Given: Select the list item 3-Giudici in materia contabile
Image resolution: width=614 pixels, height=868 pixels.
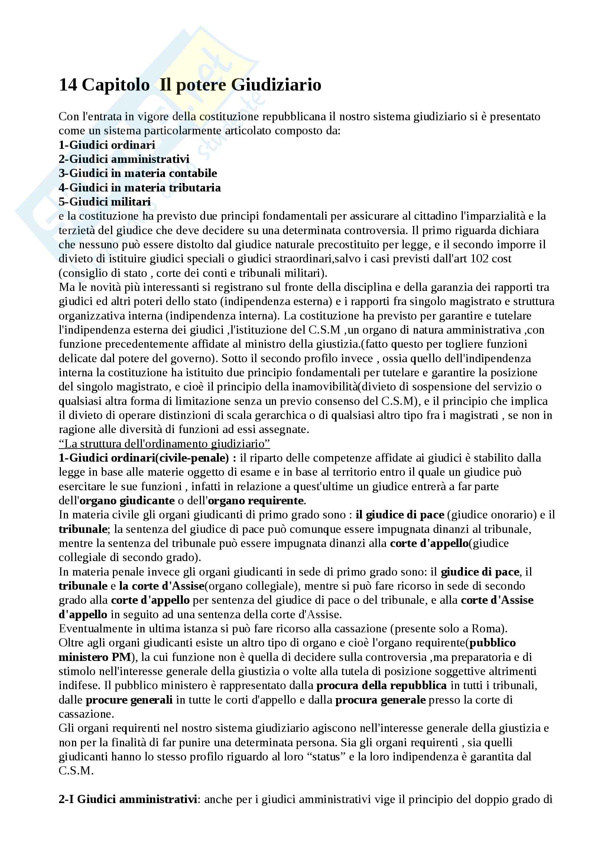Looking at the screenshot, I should click(138, 173).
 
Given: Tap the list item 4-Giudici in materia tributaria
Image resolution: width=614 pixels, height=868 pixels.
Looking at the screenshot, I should click(140, 187).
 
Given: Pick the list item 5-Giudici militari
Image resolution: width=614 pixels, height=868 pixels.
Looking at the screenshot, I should click(104, 202).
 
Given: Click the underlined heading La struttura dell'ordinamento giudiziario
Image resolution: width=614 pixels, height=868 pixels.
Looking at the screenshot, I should click(164, 443).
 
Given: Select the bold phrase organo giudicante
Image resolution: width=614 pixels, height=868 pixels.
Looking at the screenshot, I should click(127, 501).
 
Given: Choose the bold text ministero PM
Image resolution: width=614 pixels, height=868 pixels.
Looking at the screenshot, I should click(95, 657).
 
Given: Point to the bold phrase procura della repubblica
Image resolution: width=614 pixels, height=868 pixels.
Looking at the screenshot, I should click(381, 685).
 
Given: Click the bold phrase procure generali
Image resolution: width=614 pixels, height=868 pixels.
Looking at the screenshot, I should click(129, 700).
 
